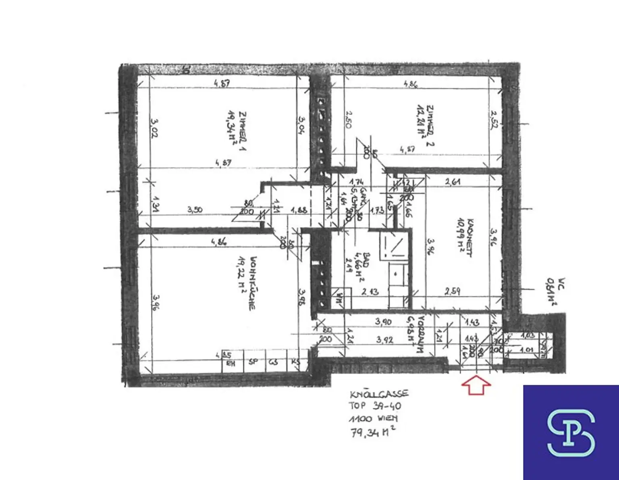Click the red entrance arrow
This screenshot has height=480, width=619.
(x=476, y=384)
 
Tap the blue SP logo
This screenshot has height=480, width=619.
(x=571, y=432)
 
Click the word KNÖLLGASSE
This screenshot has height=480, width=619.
(x=379, y=394)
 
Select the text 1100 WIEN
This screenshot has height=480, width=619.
(x=373, y=419)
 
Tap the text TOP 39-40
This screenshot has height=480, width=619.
(x=375, y=406)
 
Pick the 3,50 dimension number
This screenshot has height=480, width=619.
(x=195, y=210)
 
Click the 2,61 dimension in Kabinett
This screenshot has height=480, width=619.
(x=453, y=182)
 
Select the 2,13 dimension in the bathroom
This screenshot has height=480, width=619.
(x=370, y=291)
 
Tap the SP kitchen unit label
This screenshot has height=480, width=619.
(x=253, y=362)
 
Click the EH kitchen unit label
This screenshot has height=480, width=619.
(x=231, y=364)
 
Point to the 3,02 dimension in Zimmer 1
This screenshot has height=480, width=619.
(x=154, y=127)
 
